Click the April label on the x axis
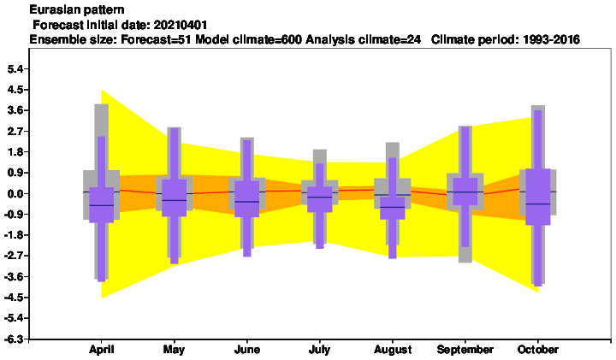coord(101,349)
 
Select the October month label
coord(537,349)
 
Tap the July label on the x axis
coord(319,349)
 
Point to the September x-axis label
coord(465,349)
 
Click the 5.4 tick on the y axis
coord(15,69)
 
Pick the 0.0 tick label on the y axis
coord(15,193)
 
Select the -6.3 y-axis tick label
coord(14,339)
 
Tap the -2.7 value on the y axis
coord(14,256)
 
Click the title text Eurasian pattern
coord(77,9)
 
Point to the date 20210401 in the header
coord(181,25)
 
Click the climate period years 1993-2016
coord(552,39)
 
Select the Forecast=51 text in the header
coord(156,39)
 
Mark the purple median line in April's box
coord(101,205)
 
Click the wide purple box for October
coord(537,197)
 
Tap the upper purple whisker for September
coord(465,152)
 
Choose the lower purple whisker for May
coord(174,240)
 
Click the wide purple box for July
coord(319,199)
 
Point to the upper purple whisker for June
coord(246,161)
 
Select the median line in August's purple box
coord(392,207)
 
